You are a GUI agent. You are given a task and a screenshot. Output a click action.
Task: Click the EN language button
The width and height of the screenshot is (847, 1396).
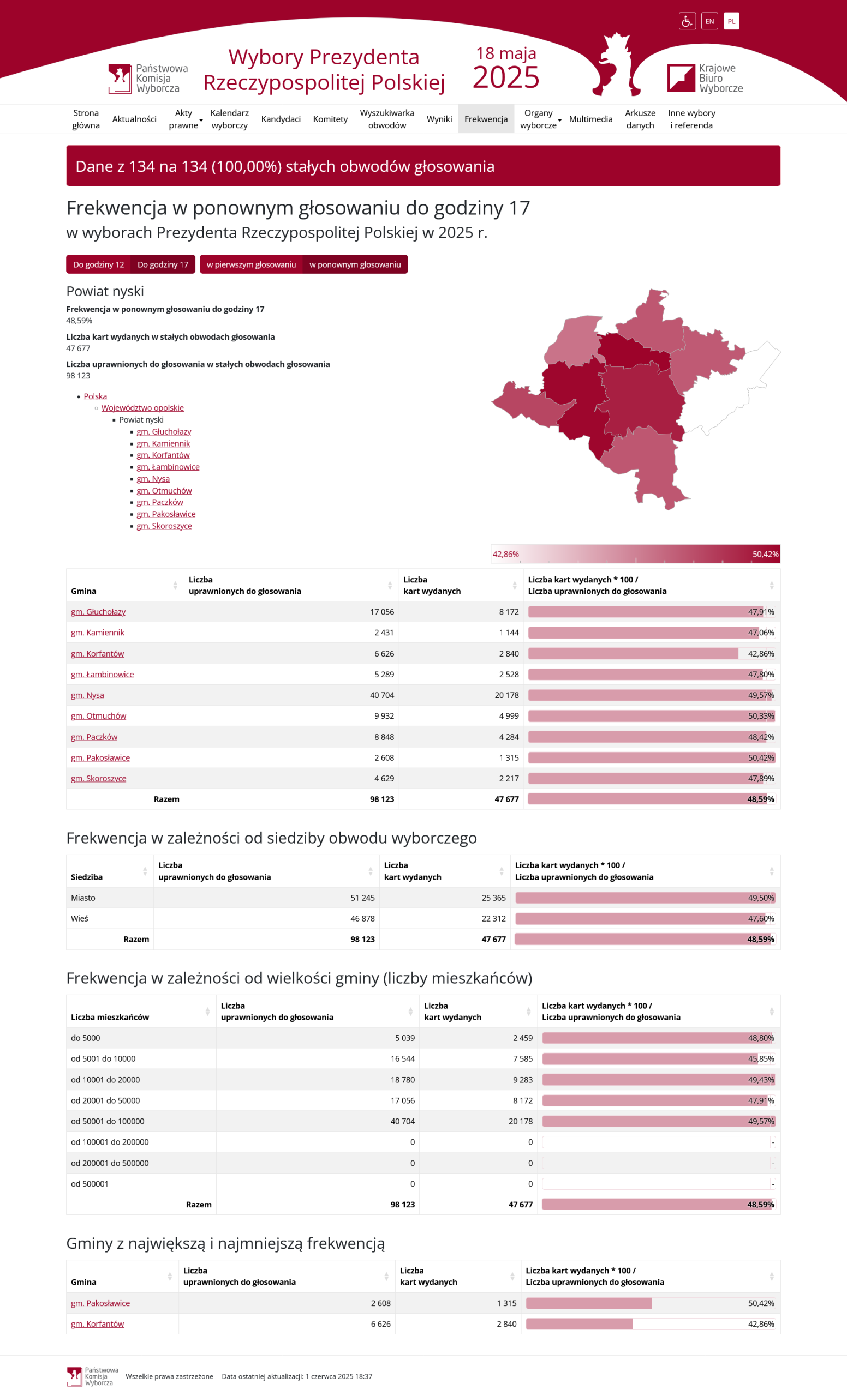pyautogui.click(x=709, y=21)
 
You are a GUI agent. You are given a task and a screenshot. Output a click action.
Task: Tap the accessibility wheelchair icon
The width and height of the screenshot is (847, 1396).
pyautogui.click(x=687, y=21)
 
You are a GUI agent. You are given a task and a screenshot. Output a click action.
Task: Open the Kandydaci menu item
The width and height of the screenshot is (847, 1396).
pyautogui.click(x=281, y=119)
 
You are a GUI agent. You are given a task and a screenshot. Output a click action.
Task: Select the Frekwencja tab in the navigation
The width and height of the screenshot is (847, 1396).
pyautogui.click(x=486, y=119)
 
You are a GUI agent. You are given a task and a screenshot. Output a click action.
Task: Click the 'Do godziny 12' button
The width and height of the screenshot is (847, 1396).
pyautogui.click(x=99, y=264)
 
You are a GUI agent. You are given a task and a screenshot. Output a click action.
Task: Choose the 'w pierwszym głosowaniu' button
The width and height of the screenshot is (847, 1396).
pyautogui.click(x=251, y=264)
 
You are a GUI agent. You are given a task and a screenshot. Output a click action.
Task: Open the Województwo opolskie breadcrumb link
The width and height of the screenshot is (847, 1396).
pyautogui.click(x=142, y=408)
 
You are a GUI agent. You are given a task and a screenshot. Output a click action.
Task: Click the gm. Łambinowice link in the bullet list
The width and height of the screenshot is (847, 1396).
pyautogui.click(x=168, y=467)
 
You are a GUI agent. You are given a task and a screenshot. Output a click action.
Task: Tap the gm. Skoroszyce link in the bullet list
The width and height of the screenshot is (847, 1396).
pyautogui.click(x=164, y=526)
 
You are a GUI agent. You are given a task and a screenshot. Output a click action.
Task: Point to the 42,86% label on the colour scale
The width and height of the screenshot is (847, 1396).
pyautogui.click(x=506, y=554)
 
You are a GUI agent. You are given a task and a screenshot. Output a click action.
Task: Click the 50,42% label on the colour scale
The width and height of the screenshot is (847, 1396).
pyautogui.click(x=765, y=554)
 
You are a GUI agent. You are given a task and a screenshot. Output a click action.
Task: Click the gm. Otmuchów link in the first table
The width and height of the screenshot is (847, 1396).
pyautogui.click(x=99, y=716)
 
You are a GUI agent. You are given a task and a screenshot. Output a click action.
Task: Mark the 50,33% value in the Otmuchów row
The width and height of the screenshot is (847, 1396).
pyautogui.click(x=761, y=716)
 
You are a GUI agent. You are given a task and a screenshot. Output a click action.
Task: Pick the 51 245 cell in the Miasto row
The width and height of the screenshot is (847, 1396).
pyautogui.click(x=362, y=898)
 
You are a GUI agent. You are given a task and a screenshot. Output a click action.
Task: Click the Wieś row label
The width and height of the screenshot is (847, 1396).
pyautogui.click(x=79, y=918)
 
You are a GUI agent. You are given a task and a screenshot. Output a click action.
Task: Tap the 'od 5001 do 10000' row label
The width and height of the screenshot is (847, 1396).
pyautogui.click(x=103, y=1059)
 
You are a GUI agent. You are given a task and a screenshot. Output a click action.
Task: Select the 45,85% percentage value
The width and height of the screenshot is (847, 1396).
pyautogui.click(x=761, y=1059)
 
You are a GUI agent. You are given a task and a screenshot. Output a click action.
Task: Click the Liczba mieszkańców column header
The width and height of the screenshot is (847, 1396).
pyautogui.click(x=110, y=1018)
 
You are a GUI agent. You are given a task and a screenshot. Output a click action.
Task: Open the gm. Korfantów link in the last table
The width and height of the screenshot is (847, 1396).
pyautogui.click(x=98, y=1324)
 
